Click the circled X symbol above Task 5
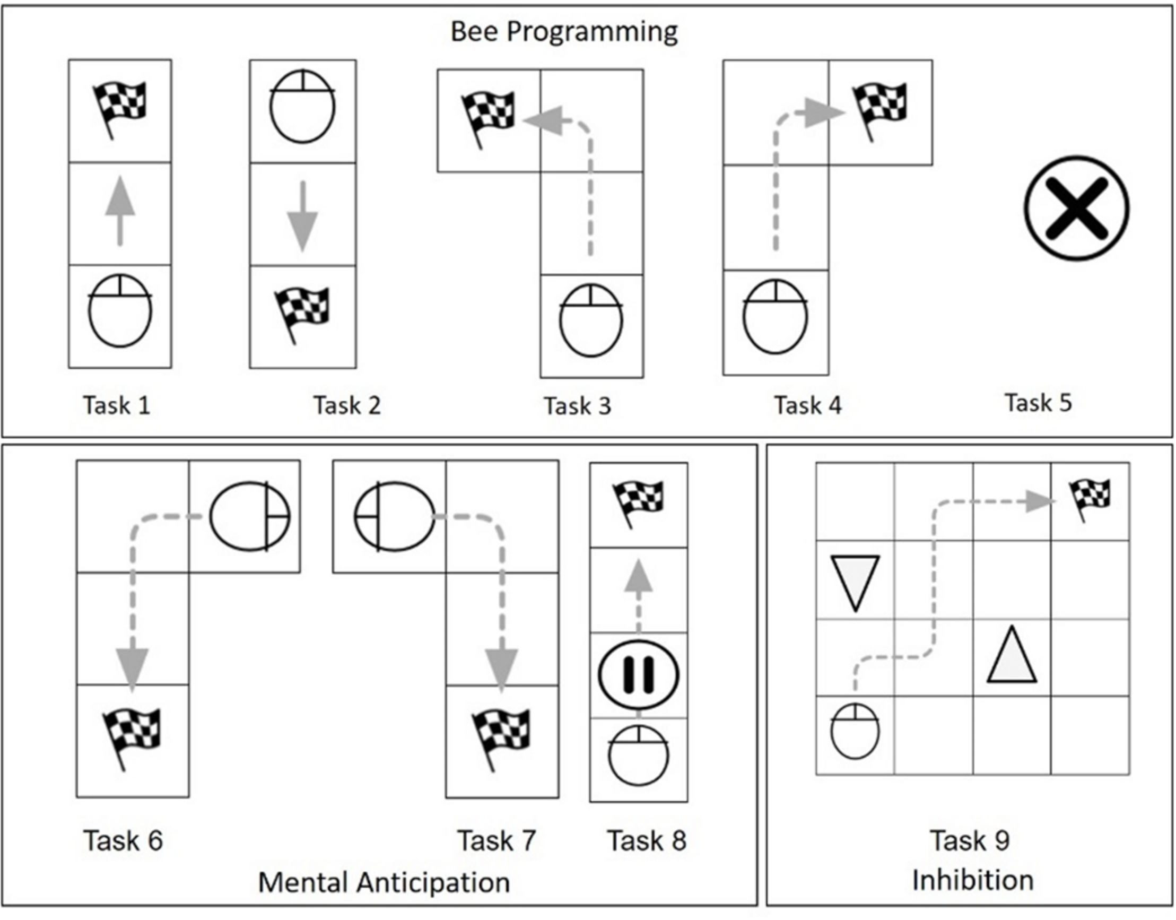pyautogui.click(x=1076, y=209)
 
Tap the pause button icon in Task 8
pyautogui.click(x=639, y=675)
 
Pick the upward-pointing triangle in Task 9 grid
pyautogui.click(x=1012, y=656)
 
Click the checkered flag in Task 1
pyautogui.click(x=119, y=108)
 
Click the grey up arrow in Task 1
pyautogui.click(x=120, y=211)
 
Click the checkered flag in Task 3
pyautogui.click(x=488, y=118)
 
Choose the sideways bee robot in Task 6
pyautogui.click(x=249, y=516)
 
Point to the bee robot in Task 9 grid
pyautogui.click(x=855, y=732)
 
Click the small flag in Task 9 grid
pyautogui.click(x=1090, y=498)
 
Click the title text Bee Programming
pyautogui.click(x=564, y=31)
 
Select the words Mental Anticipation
pyautogui.click(x=384, y=882)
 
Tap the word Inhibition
pyautogui.click(x=972, y=880)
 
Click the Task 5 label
pyautogui.click(x=1038, y=403)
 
